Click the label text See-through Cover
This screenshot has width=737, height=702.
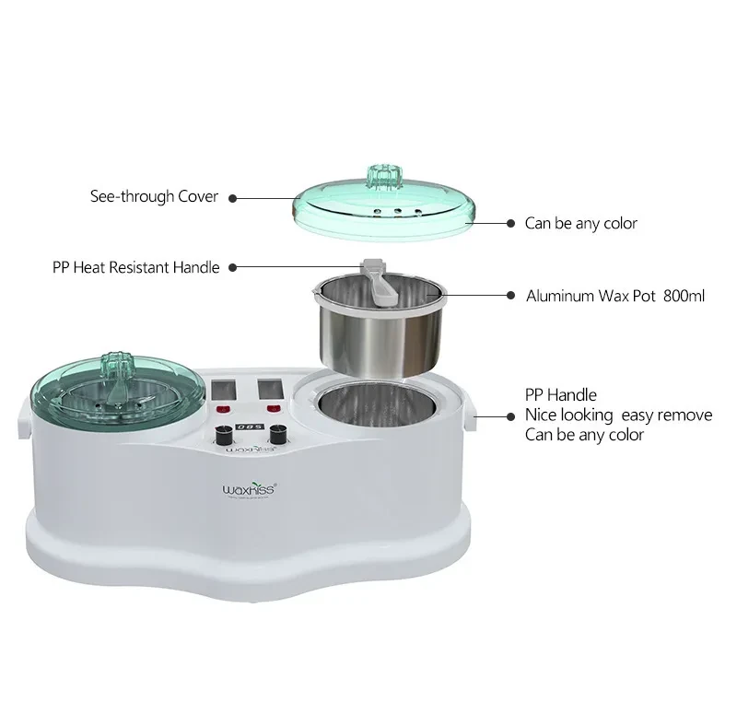pyautogui.click(x=154, y=196)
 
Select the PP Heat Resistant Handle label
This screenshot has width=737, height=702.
pyautogui.click(x=136, y=268)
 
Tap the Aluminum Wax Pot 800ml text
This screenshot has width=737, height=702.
pyautogui.click(x=615, y=297)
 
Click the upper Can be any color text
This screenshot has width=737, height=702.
pyautogui.click(x=580, y=223)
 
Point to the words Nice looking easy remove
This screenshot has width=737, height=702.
pyautogui.click(x=618, y=415)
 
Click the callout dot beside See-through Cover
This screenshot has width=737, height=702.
pyautogui.click(x=232, y=197)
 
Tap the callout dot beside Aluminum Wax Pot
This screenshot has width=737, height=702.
pyautogui.click(x=511, y=296)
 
